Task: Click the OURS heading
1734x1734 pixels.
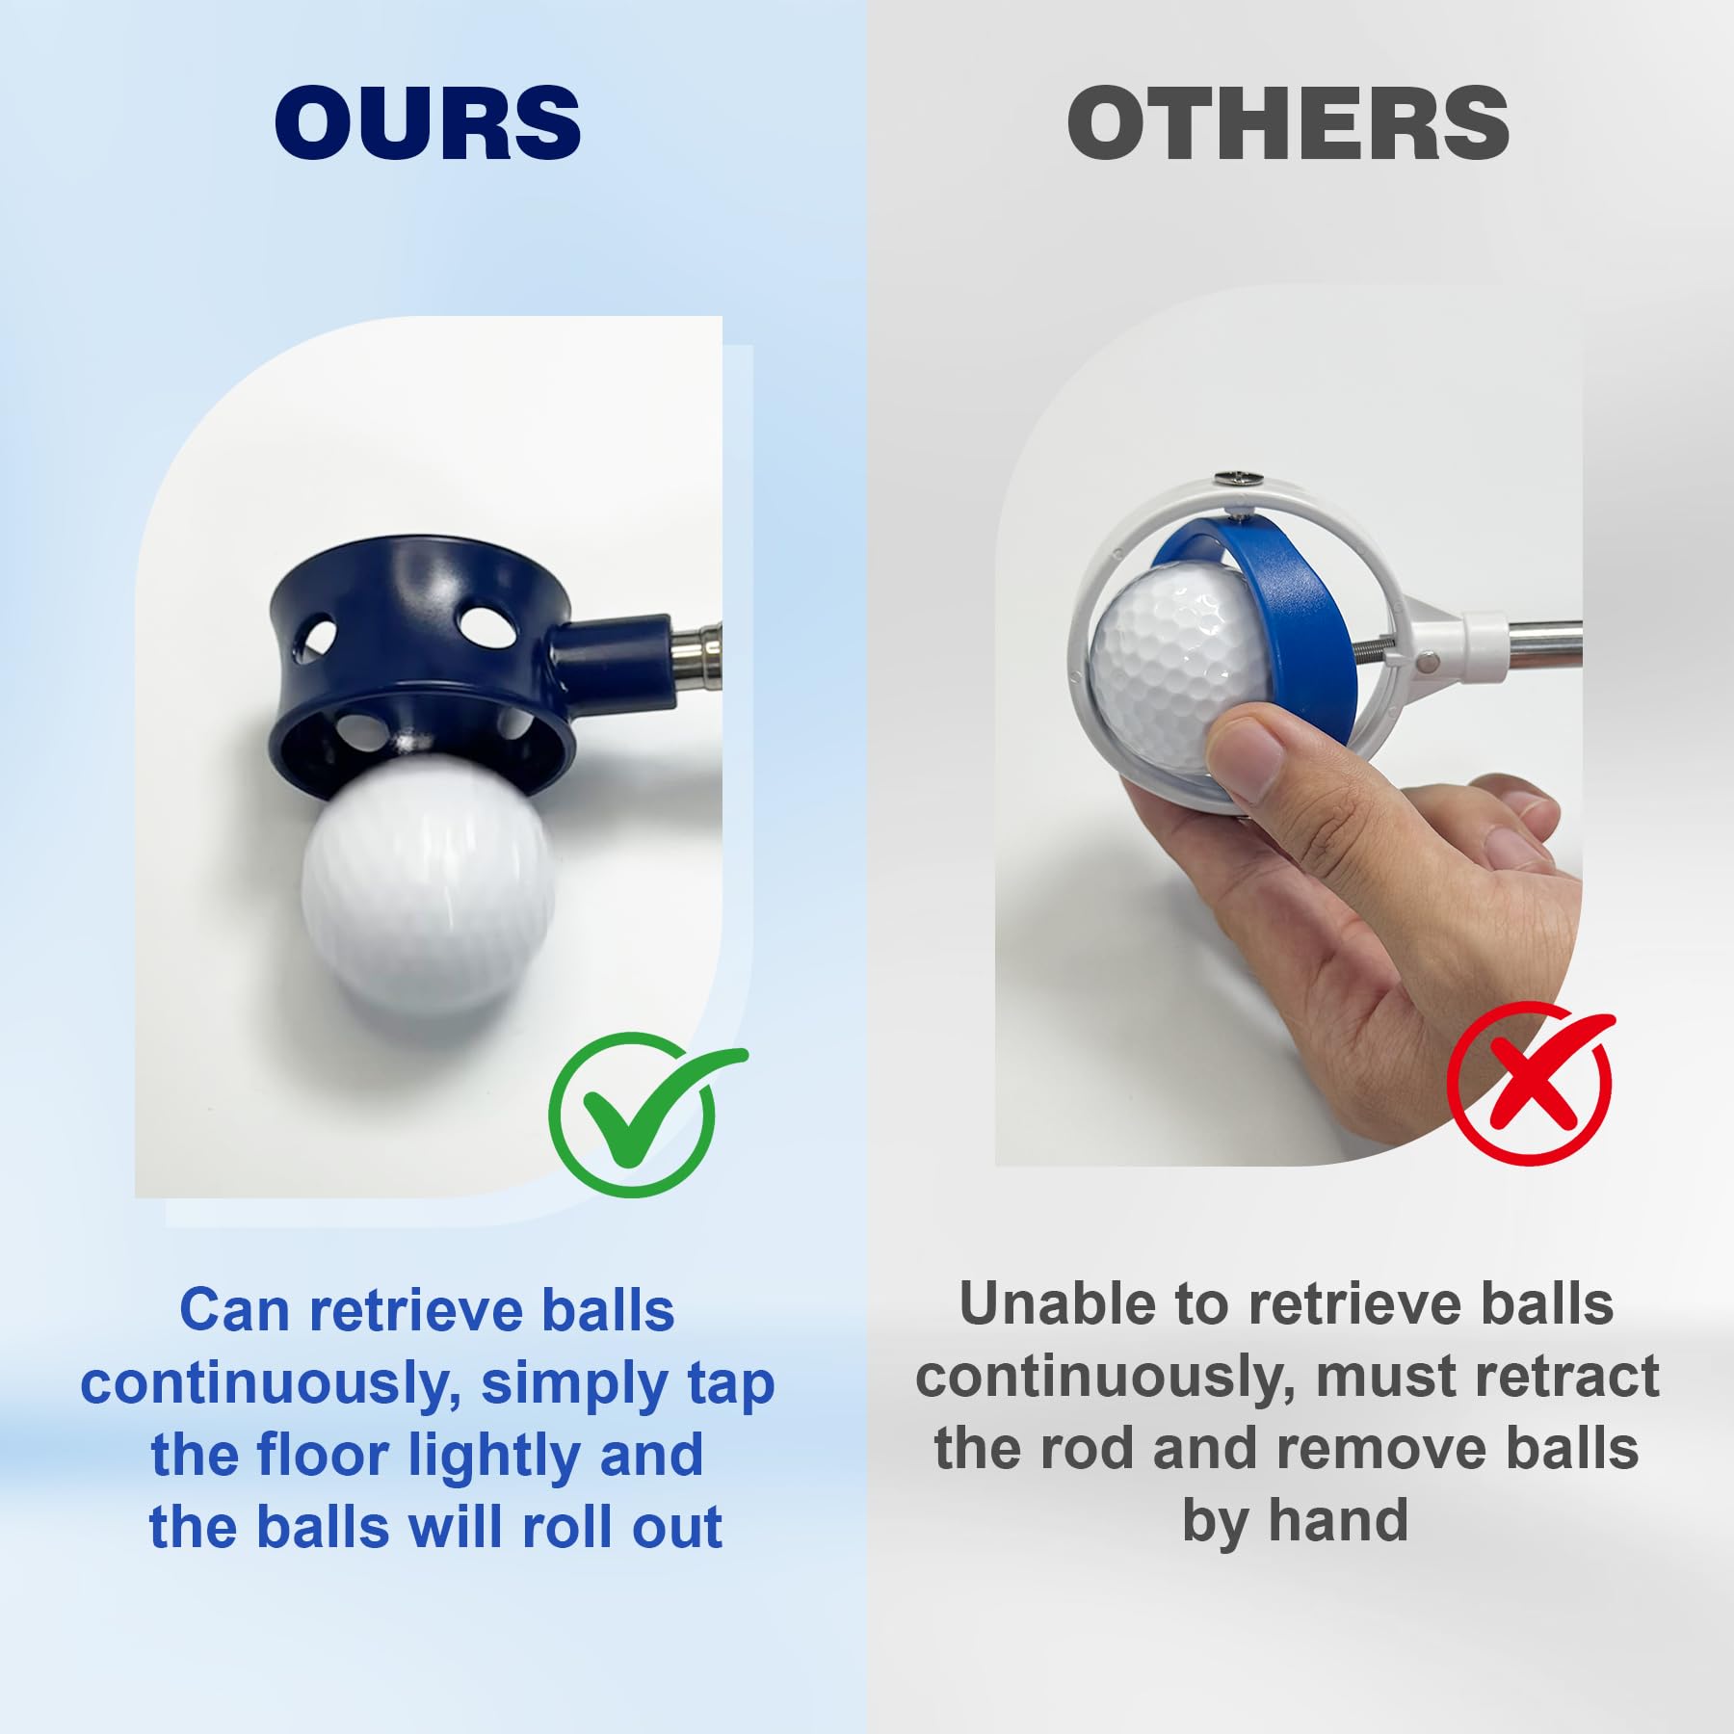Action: (428, 122)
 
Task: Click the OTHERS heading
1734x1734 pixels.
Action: (1288, 122)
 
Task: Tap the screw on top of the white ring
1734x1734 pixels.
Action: (1236, 478)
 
